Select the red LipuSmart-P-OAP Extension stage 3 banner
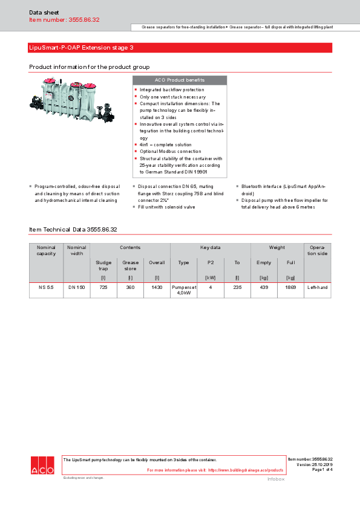point(180,47)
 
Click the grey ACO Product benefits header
point(180,80)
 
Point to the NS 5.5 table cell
point(46,287)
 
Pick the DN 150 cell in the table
point(76,287)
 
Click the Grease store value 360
point(130,287)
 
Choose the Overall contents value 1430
point(157,287)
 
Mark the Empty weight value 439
point(264,287)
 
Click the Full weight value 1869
point(290,287)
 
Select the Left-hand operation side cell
point(317,287)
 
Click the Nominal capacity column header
point(46,250)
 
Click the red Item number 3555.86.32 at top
point(64,20)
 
